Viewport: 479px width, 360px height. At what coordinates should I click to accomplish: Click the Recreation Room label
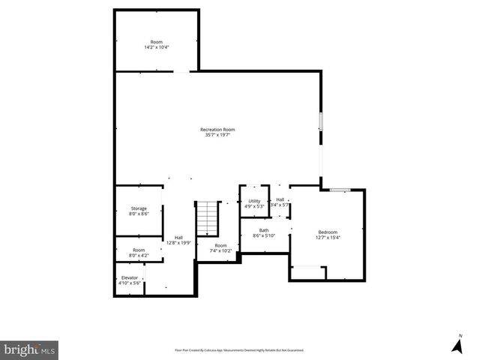pos(217,130)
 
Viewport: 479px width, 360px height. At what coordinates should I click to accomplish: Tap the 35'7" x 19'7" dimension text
pos(217,135)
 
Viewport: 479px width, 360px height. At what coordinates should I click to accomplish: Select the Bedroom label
pos(328,232)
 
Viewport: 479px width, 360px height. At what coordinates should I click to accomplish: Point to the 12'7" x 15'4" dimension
pos(328,237)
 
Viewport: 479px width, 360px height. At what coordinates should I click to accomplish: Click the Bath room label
pos(264,230)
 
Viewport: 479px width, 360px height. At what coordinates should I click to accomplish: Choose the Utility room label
pos(254,201)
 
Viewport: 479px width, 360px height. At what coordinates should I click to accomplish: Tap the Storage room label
pos(139,208)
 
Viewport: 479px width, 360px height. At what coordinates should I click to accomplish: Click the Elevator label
pos(130,277)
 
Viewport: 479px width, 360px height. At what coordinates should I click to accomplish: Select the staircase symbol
pos(205,218)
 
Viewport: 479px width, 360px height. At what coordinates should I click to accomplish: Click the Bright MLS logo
pos(29,349)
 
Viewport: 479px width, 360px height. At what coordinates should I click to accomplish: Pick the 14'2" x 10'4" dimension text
pos(157,47)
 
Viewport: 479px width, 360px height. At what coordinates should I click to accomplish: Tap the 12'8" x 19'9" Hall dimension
pos(178,242)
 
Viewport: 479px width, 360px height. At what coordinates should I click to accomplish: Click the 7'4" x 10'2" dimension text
pos(220,250)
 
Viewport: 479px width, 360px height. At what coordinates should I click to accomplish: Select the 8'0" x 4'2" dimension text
pos(139,255)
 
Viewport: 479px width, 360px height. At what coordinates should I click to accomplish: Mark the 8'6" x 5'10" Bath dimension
pos(264,235)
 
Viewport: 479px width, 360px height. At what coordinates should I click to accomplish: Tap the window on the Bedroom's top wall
pos(341,190)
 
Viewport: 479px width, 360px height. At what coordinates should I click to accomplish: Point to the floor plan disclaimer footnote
pos(239,349)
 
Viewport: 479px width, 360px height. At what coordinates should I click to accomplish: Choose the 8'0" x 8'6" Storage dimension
pos(139,214)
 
